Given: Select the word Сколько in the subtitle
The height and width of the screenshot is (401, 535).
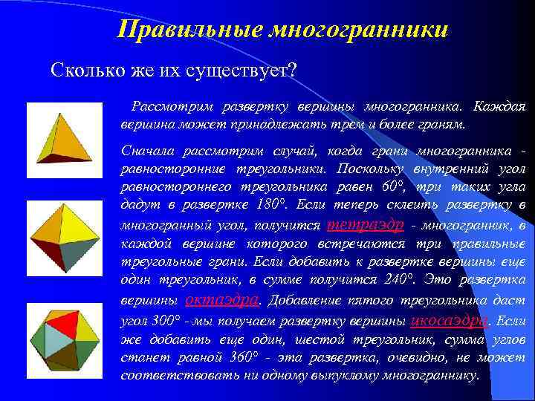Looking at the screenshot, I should coord(82,71).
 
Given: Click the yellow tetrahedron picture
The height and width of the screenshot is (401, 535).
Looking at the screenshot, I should coord(63,134).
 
